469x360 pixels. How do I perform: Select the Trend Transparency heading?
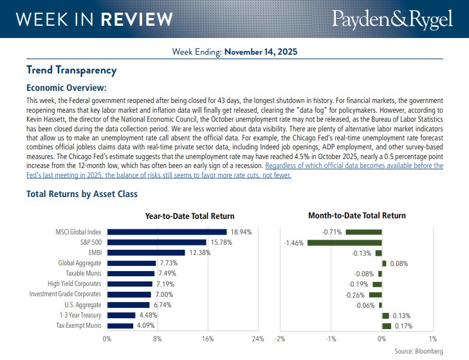coord(71,70)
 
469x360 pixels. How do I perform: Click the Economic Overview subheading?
coord(66,88)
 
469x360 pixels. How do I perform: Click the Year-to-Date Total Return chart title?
coord(190,216)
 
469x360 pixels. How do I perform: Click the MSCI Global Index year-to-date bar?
coord(167,232)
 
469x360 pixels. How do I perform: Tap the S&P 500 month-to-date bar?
coord(344,242)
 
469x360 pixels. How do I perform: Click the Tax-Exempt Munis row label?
coord(76,325)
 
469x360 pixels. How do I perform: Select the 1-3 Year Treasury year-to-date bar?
coord(121,315)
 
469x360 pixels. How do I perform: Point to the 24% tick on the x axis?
coord(257,338)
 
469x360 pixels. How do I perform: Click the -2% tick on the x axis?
coord(280,338)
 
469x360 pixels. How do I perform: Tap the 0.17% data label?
coord(403,325)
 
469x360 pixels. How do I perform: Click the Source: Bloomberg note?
coord(418,351)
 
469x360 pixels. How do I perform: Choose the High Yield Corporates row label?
coord(75,284)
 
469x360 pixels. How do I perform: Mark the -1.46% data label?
coord(294,242)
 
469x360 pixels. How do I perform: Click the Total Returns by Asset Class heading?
coord(82,194)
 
